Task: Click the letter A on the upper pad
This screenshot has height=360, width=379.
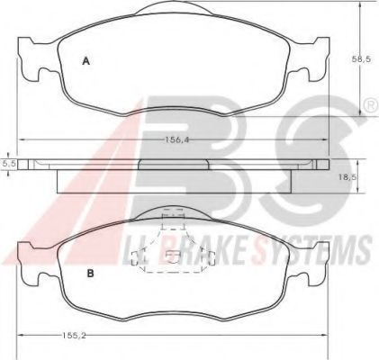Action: [86, 61]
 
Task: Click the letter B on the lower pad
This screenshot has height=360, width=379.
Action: [90, 274]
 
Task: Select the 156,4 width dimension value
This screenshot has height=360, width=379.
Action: [178, 139]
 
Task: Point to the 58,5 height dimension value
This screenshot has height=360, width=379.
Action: [361, 59]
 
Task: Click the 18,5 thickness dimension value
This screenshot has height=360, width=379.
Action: [347, 177]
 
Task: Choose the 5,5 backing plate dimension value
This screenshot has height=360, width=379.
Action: [7, 164]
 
